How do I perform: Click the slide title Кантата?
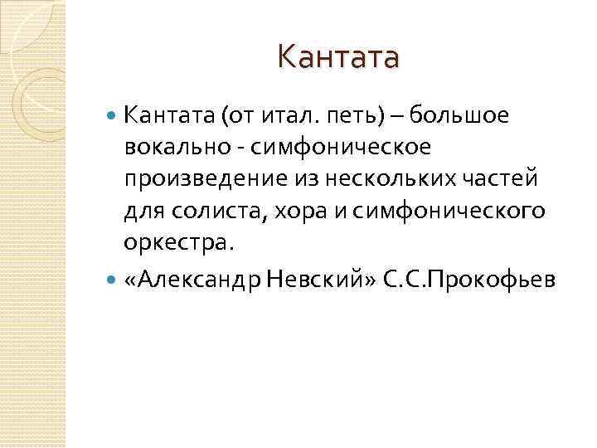point(338,57)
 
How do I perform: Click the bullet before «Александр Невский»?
point(113,281)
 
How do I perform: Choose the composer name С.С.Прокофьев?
point(468,281)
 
